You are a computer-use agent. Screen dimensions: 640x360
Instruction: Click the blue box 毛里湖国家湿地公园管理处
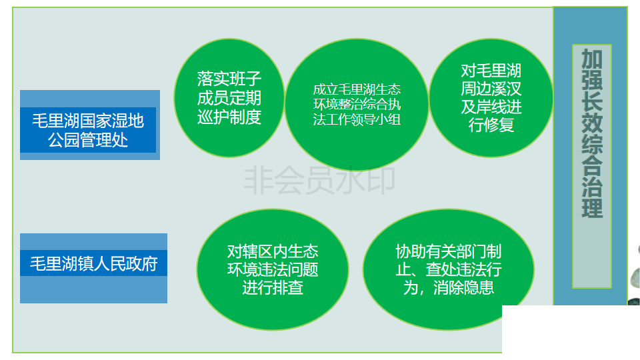click(90, 125)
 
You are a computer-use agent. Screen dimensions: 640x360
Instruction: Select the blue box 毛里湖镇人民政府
click(93, 268)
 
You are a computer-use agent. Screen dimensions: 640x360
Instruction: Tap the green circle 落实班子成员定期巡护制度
click(229, 98)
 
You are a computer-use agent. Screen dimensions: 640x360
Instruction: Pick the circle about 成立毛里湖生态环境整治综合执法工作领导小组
click(357, 105)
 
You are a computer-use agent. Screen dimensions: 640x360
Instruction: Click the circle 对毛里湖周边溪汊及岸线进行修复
click(491, 98)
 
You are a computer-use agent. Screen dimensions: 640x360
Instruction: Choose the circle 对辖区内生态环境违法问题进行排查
click(273, 269)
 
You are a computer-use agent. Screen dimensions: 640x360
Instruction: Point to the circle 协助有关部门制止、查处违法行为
click(448, 269)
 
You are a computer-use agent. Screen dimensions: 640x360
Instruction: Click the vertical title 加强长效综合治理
click(592, 133)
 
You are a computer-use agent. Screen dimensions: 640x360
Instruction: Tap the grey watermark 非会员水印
click(319, 180)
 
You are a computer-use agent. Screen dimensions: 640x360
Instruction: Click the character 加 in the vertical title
click(592, 59)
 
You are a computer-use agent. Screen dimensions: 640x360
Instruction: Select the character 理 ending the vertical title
click(592, 207)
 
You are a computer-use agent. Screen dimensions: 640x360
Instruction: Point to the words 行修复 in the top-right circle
click(491, 125)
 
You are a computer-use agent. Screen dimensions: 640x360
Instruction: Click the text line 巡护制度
click(229, 117)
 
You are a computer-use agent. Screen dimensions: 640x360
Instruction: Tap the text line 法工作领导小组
click(357, 119)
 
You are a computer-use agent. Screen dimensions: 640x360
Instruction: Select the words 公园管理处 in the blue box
click(88, 140)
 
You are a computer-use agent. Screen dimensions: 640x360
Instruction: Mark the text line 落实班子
click(229, 79)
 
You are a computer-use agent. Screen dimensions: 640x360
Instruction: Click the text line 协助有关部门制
click(448, 251)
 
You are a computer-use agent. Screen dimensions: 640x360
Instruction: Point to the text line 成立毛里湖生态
click(357, 89)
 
